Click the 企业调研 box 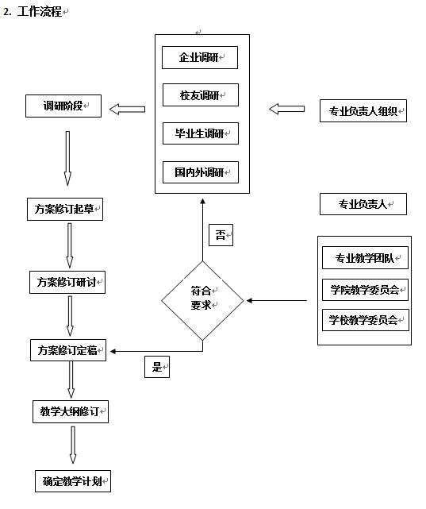coord(200,57)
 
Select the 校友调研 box coord(201,94)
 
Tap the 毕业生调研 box coord(201,133)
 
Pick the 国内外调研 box coord(201,172)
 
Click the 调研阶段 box coord(63,106)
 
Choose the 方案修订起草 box coord(65,209)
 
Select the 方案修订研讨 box coord(67,282)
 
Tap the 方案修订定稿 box coord(68,350)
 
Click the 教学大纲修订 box coord(71,411)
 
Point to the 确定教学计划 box coord(73,480)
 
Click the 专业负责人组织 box coord(363,110)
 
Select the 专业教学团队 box coord(365,258)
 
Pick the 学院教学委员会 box coord(365,289)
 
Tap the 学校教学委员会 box coord(366,320)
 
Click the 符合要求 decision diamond coord(202,301)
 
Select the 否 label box coord(221,235)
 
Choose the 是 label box coord(157,367)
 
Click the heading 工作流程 coord(40,12)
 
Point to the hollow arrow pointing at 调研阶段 coord(127,110)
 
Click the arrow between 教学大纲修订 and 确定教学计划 coord(73,445)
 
